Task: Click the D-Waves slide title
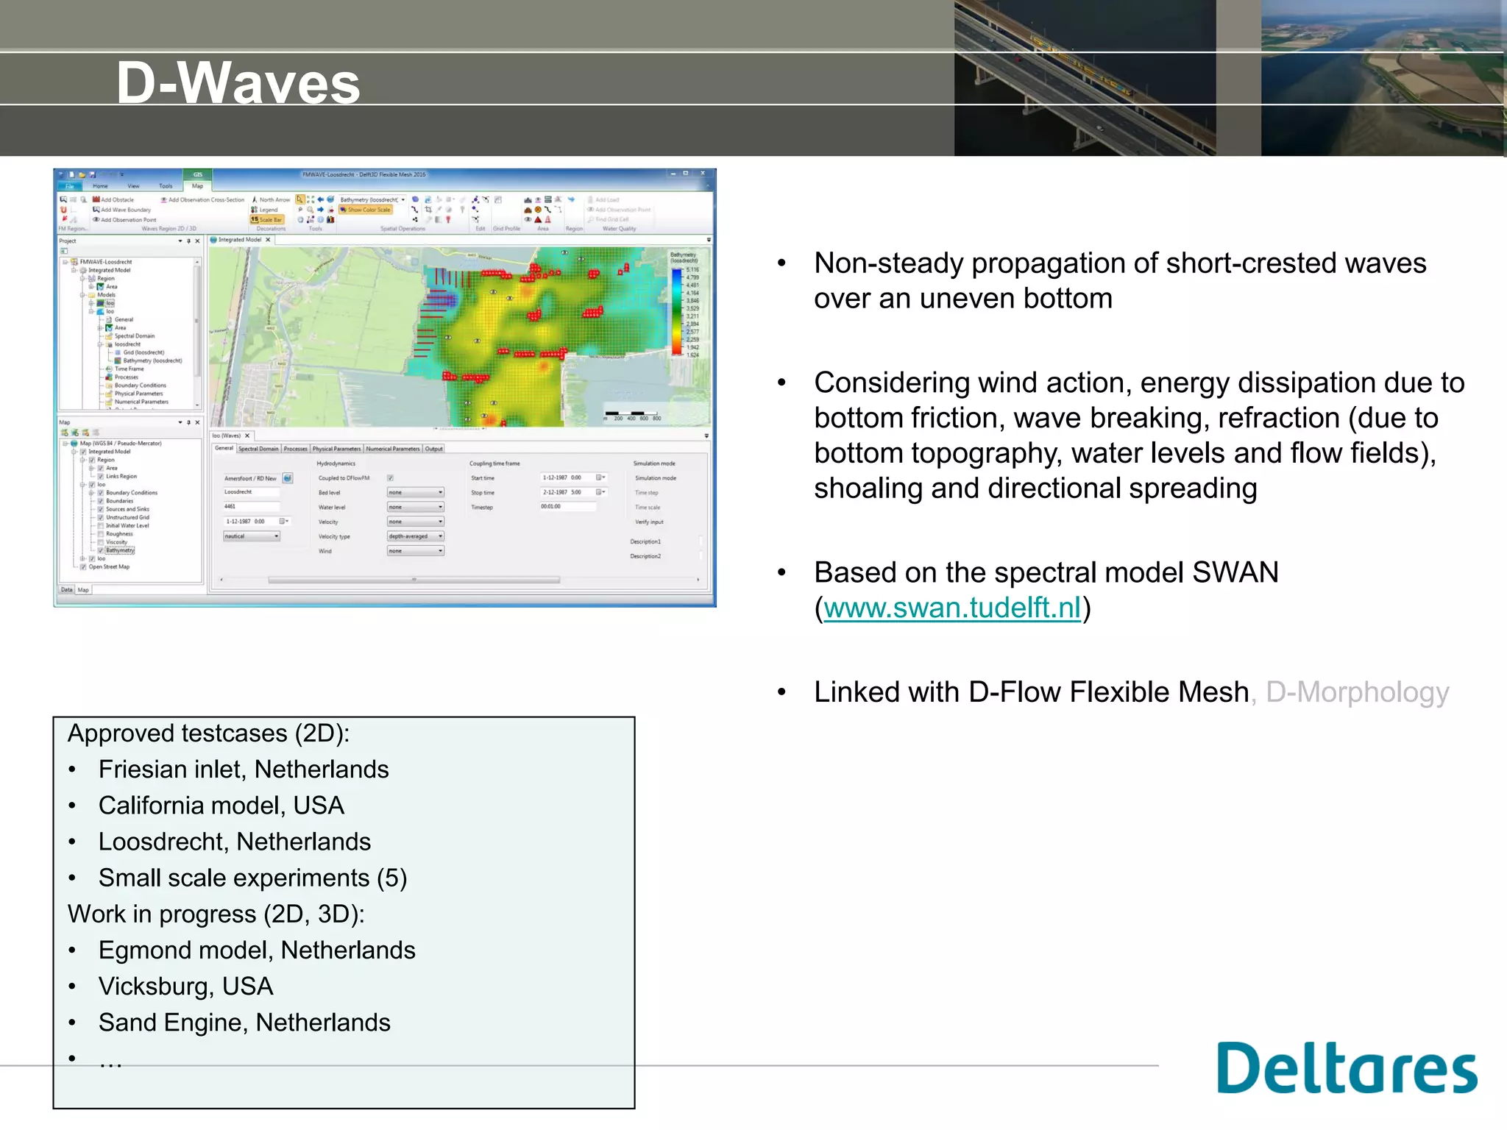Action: [238, 82]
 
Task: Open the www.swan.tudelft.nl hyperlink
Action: [952, 608]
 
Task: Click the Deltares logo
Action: [1346, 1068]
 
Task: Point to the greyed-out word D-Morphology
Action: [1357, 692]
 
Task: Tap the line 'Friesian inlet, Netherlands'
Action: [244, 770]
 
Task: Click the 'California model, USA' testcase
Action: [221, 806]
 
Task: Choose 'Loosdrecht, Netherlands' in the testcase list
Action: [234, 842]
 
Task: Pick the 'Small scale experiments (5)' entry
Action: [252, 878]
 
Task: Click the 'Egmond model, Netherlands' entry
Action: [257, 950]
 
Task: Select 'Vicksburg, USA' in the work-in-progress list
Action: [185, 986]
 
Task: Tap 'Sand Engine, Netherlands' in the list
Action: [244, 1022]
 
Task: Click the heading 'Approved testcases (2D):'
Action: [208, 733]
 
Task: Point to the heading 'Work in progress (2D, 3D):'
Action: [216, 914]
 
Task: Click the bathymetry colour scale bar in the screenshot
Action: [676, 312]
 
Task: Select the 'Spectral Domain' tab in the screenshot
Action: [258, 449]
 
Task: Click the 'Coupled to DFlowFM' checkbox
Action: [391, 478]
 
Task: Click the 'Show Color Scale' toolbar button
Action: [366, 210]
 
